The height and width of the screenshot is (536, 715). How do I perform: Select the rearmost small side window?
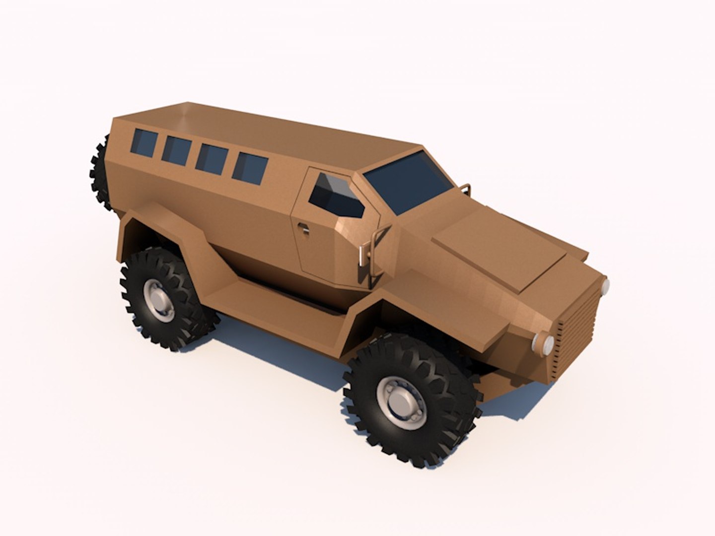pos(143,142)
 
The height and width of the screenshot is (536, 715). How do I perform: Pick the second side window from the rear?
pos(177,149)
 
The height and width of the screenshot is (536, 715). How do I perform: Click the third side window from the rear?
pos(212,157)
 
